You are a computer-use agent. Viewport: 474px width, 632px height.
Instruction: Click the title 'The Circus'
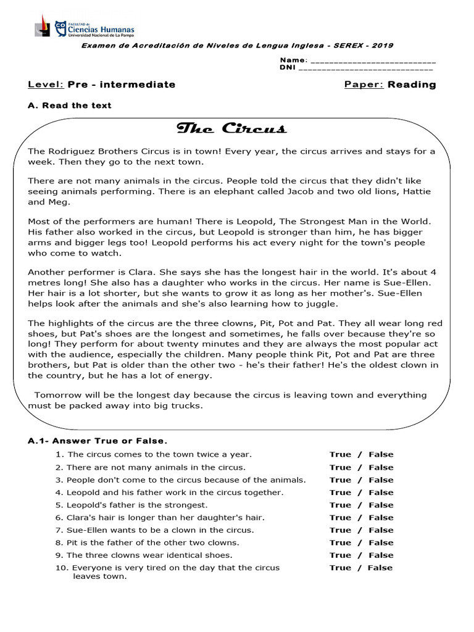coord(231,128)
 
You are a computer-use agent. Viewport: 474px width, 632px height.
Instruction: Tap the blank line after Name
coord(372,60)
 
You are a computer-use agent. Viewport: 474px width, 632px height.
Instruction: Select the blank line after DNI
coord(367,68)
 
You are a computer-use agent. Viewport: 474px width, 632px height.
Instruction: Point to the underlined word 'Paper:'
coord(364,85)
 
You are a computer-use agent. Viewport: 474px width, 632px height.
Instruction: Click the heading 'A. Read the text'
coord(70,106)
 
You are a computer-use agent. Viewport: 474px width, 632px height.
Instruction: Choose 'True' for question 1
coord(340,454)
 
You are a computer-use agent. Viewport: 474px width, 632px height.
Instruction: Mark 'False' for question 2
coord(381,467)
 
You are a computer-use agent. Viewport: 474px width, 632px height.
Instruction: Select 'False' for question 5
coord(381,505)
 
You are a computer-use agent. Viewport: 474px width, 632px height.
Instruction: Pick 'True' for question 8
coord(340,543)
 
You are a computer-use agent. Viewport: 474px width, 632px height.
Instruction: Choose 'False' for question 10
coord(380,568)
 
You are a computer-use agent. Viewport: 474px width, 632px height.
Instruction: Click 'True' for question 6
coord(340,518)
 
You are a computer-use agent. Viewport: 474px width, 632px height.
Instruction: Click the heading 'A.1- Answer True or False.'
coord(98,441)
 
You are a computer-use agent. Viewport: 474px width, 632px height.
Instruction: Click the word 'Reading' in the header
coord(412,85)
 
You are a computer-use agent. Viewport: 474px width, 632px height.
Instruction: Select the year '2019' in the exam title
coord(383,46)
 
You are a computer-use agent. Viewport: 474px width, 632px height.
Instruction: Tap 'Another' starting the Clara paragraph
coord(48,272)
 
